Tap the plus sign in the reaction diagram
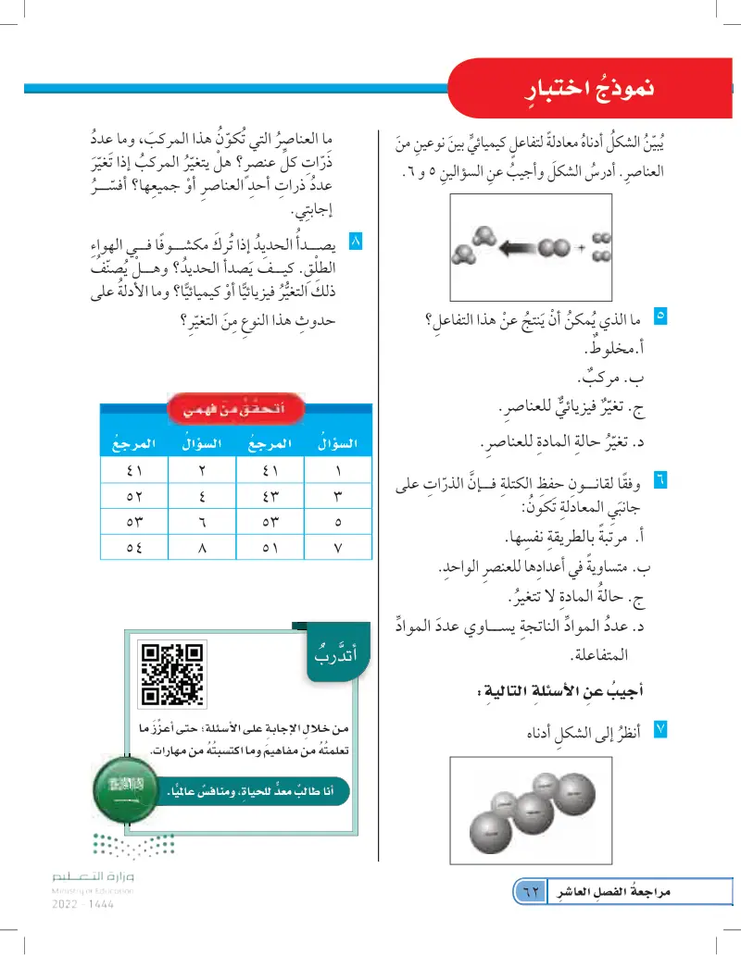(x=580, y=250)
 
